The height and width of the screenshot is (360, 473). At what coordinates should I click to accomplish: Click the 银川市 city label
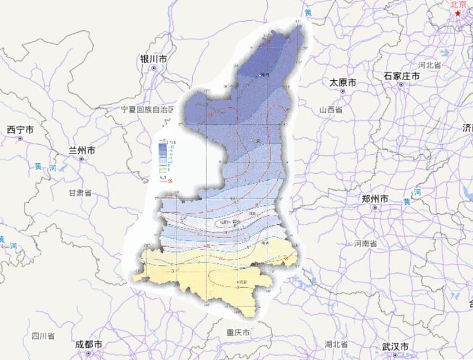153,59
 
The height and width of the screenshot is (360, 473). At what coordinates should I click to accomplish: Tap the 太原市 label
343,82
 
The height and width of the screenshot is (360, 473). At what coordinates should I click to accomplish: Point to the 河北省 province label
430,65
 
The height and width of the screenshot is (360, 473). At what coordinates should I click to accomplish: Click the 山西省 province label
330,109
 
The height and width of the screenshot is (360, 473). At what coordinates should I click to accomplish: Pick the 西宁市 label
20,129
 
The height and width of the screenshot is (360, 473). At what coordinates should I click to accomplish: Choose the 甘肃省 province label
79,192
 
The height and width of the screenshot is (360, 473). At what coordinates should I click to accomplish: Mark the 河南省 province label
366,243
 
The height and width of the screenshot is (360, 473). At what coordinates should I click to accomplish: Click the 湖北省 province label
336,343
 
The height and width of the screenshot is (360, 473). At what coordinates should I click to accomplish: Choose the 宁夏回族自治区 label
148,110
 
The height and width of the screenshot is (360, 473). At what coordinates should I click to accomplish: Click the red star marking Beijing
458,13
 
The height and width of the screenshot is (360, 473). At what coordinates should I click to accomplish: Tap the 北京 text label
458,4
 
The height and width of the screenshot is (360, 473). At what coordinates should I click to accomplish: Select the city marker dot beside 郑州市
375,208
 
